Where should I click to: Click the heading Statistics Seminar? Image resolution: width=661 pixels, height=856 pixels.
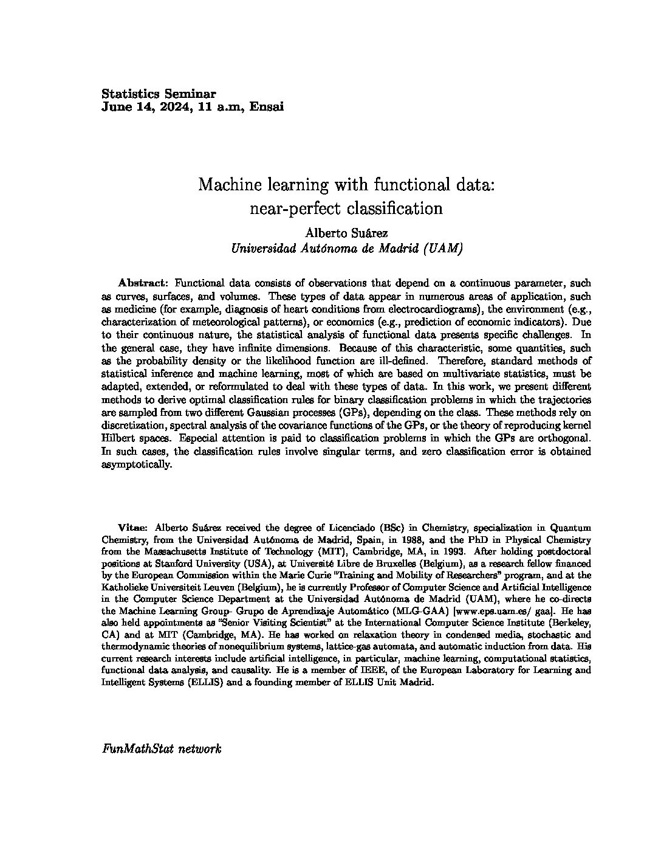[158, 94]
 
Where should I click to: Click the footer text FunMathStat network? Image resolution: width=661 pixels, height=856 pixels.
[161, 748]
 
